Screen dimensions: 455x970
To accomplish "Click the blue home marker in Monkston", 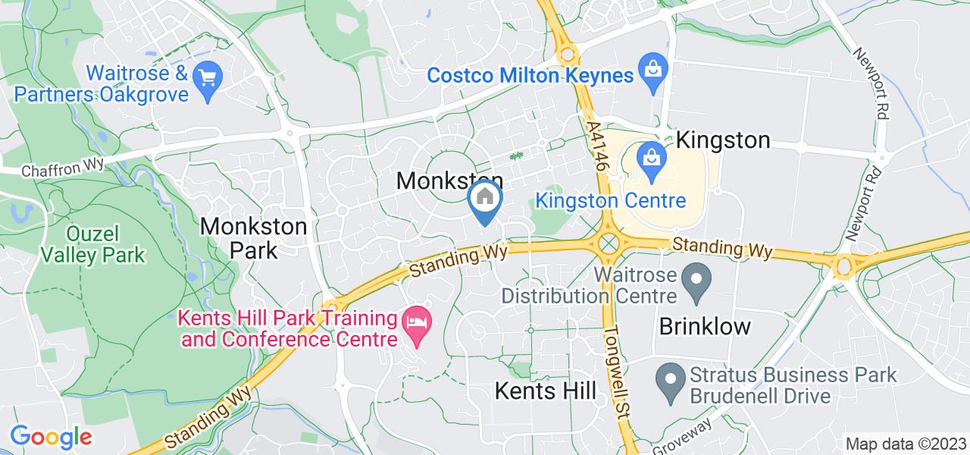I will pyautogui.click(x=484, y=199).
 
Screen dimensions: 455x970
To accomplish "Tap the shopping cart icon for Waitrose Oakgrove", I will pyautogui.click(x=207, y=77).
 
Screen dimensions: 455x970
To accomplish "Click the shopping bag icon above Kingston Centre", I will pyautogui.click(x=650, y=158).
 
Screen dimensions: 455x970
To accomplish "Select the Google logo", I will pyautogui.click(x=51, y=437).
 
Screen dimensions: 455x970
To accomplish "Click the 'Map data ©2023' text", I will pyautogui.click(x=906, y=444).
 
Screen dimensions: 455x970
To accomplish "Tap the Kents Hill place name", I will pyautogui.click(x=545, y=391).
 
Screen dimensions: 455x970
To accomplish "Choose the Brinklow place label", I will pyautogui.click(x=705, y=327).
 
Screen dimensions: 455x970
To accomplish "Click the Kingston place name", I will pyautogui.click(x=723, y=140).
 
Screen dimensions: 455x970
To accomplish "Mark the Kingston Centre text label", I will pyautogui.click(x=611, y=201).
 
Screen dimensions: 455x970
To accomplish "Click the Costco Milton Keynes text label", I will pyautogui.click(x=530, y=76).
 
